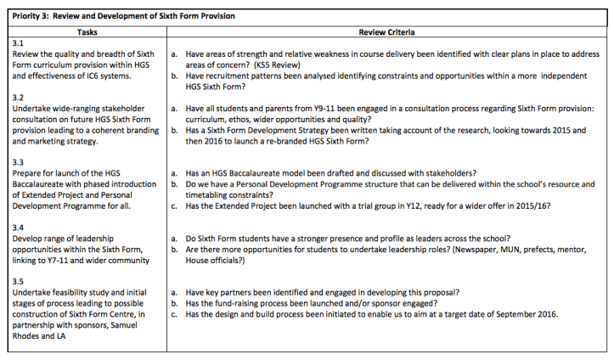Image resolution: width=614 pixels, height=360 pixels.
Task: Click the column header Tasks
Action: coord(87,31)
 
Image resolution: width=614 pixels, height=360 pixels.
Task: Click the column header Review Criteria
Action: coord(387,31)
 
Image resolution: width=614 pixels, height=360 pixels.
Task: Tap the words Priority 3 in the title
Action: coord(31,15)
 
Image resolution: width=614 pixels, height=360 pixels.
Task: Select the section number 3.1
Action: coord(20,42)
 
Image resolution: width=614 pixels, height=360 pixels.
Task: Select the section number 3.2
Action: coord(20,97)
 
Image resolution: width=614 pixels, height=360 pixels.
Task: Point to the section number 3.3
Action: coord(20,160)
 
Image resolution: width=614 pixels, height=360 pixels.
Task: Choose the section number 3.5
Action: coord(20,280)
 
